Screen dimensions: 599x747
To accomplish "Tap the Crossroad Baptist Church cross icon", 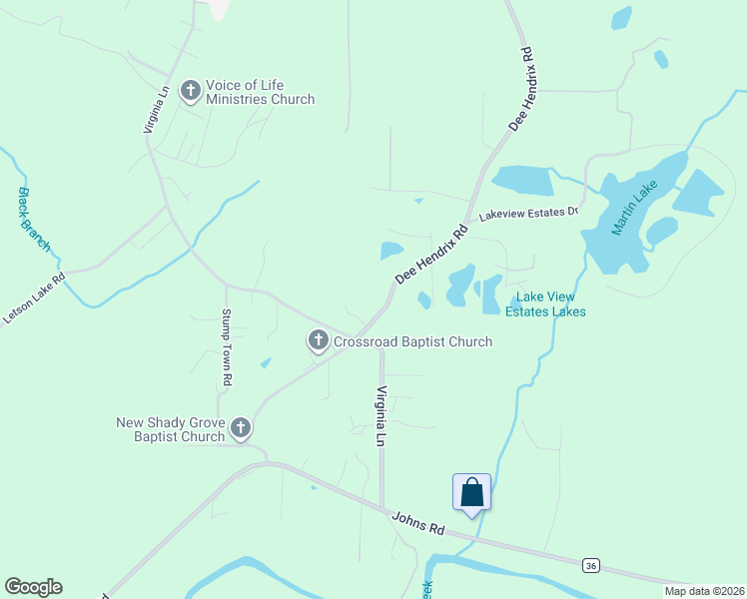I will tap(318, 341).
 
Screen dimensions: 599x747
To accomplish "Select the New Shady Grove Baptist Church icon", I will tap(240, 428).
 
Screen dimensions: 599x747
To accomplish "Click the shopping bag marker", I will tap(471, 492).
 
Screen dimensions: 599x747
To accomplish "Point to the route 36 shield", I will tap(591, 566).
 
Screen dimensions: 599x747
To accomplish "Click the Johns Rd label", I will tap(418, 522).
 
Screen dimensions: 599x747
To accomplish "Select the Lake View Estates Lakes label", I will tap(545, 304).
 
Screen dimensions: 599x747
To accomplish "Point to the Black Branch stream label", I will tap(34, 220).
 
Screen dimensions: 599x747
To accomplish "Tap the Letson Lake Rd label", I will tap(33, 298).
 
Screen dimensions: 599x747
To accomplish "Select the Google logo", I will tap(33, 587).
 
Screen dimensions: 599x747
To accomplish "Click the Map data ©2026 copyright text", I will tap(705, 591).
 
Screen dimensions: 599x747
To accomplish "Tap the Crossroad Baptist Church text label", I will tap(412, 342).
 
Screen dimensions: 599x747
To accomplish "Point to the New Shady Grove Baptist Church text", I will tap(171, 429).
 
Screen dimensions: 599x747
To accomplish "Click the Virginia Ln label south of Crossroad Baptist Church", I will tap(380, 415).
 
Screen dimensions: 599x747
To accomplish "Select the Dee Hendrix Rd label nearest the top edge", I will tap(521, 88).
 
